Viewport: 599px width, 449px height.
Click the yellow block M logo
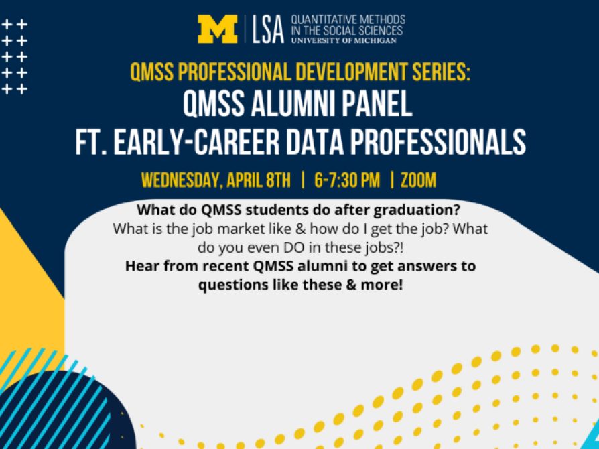click(x=218, y=29)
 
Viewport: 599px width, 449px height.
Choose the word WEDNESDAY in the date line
click(x=181, y=180)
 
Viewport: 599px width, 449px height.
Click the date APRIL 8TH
click(x=258, y=180)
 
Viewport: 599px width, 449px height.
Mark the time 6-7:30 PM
click(x=347, y=180)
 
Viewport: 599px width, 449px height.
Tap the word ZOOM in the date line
click(x=418, y=180)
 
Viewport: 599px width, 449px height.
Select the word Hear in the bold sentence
click(x=140, y=266)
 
